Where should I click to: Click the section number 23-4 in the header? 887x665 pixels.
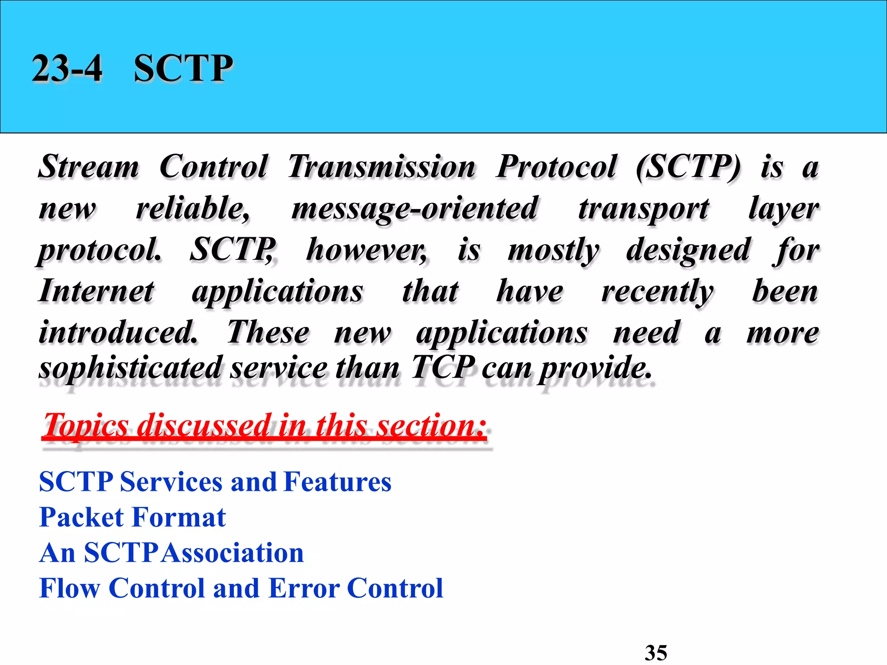67,68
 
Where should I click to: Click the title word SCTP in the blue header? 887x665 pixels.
183,68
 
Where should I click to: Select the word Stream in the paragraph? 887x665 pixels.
89,167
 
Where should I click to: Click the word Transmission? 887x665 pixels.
381,167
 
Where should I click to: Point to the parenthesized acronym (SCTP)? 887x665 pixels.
689,167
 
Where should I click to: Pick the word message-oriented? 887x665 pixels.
414,209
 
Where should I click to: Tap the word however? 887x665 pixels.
366,250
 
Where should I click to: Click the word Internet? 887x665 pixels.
96,291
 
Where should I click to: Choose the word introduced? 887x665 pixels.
118,332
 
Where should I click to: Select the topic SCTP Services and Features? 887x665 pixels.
215,482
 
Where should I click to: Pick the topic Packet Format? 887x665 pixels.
133,517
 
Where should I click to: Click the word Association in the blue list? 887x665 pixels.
234,553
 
